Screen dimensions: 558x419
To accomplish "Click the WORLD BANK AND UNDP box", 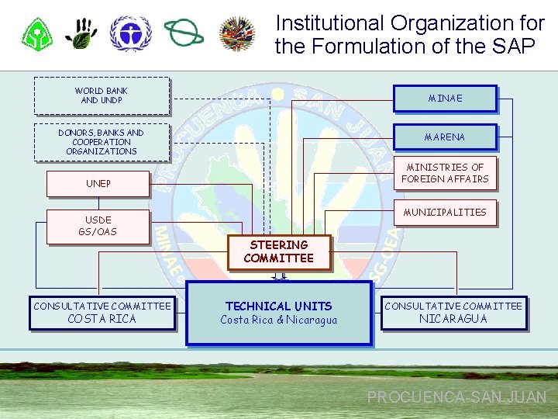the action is tap(102, 95).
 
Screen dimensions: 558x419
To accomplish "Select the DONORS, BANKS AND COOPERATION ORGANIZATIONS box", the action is tap(102, 142).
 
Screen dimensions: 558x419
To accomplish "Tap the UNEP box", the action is tap(98, 184).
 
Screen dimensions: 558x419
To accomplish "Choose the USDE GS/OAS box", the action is tap(98, 226).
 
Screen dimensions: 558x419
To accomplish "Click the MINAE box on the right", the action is tap(445, 99).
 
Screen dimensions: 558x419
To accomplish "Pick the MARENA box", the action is tap(445, 137).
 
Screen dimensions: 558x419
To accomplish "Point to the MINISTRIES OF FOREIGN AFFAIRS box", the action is tap(445, 173).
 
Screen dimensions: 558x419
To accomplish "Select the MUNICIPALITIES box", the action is tap(445, 213).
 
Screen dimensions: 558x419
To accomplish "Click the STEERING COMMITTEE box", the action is tap(279, 251).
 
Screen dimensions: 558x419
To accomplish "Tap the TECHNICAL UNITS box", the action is tap(279, 312).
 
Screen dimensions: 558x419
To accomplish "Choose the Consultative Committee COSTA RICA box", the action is tap(102, 313).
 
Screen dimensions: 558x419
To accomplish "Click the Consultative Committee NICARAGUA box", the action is tap(453, 313).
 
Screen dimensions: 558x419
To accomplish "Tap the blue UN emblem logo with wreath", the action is tap(130, 33).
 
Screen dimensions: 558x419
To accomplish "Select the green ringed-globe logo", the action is tap(184, 33).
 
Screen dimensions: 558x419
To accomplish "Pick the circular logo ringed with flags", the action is tap(237, 33).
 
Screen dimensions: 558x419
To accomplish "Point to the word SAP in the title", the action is tap(511, 47).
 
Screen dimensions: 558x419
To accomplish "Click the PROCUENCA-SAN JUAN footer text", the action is tap(456, 397).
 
